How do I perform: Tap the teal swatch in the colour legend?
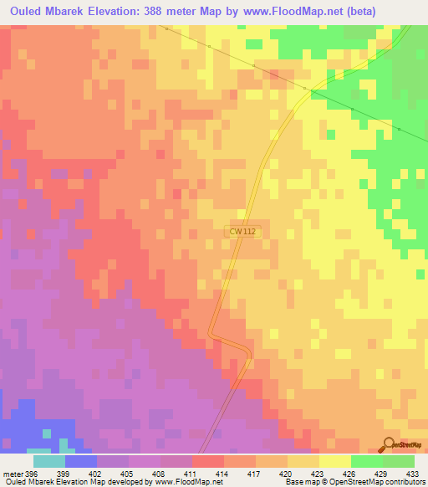(x=49, y=461)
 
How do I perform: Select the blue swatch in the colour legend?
(x=81, y=461)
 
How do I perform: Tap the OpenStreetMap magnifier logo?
(x=388, y=444)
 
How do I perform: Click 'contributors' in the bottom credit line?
(x=405, y=483)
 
